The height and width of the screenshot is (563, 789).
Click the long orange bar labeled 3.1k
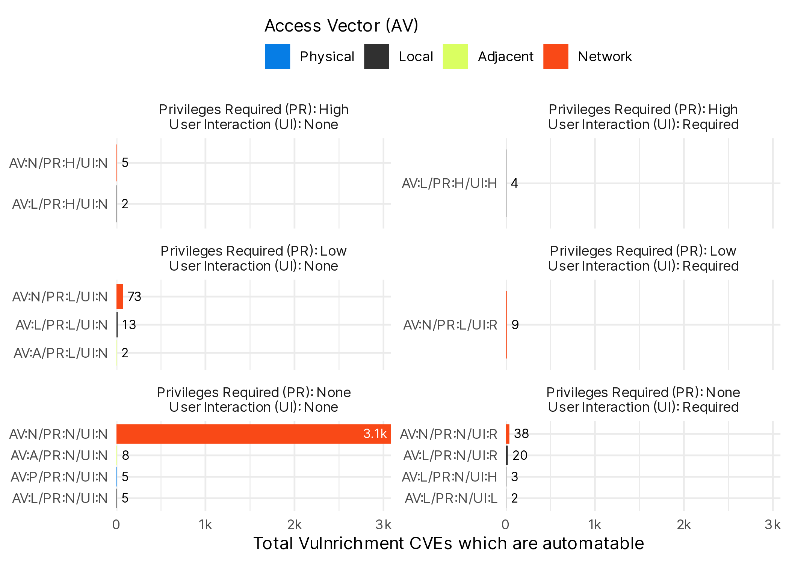[x=254, y=434]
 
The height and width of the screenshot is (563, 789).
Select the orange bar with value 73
[x=120, y=297]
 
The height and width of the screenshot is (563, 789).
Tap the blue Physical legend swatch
[x=277, y=56]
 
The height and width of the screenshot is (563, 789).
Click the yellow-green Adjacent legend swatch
[x=455, y=56]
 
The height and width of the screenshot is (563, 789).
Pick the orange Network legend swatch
[x=555, y=56]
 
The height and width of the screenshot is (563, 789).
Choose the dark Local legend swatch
[x=376, y=56]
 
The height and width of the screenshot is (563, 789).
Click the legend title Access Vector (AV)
[x=341, y=26]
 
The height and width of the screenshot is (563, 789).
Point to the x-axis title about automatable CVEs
[x=449, y=543]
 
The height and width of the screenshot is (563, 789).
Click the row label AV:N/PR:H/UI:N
[x=59, y=163]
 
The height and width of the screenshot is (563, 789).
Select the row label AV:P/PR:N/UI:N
[x=59, y=477]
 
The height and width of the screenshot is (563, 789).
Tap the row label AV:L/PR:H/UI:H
[x=449, y=184]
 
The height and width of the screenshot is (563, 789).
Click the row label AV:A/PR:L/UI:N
[x=61, y=353]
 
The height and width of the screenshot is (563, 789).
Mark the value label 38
[x=521, y=434]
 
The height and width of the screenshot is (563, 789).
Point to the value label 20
[x=520, y=455]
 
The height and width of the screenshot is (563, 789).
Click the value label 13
[x=129, y=325]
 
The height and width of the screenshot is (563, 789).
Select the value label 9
[x=515, y=325]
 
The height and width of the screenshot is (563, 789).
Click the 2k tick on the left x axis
[x=295, y=525]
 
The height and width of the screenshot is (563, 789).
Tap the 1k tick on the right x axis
[x=595, y=525]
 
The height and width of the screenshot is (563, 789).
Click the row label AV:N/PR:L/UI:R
[x=450, y=325]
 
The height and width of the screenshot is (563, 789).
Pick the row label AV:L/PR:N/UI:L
[x=451, y=498]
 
